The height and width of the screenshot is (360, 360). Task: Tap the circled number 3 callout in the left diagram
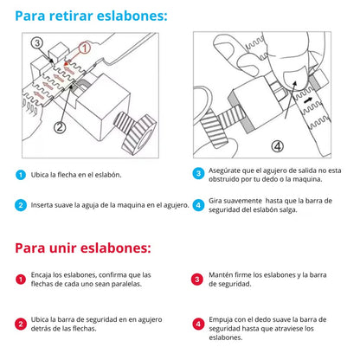(x=36, y=42)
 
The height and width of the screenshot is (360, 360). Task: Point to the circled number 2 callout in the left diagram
(x=61, y=126)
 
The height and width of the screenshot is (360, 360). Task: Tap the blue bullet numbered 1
(x=20, y=175)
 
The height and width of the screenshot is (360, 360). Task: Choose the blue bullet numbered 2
(x=20, y=206)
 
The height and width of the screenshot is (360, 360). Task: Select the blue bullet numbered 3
(x=198, y=173)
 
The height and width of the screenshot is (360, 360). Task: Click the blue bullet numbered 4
(x=198, y=205)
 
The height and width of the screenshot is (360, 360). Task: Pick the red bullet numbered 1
(x=20, y=280)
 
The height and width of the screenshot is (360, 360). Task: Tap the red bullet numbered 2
(x=20, y=324)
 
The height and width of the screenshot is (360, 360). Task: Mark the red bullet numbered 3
(x=198, y=280)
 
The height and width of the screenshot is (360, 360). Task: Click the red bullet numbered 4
(x=198, y=324)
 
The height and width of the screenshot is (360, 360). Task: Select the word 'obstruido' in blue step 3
(x=227, y=180)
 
